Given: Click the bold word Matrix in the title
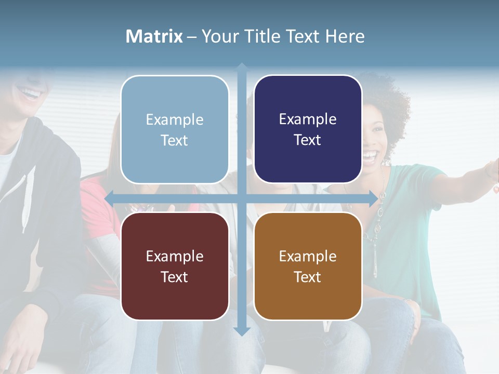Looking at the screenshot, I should (x=154, y=36).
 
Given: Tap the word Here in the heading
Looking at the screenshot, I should (x=345, y=36).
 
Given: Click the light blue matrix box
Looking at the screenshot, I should (x=175, y=130).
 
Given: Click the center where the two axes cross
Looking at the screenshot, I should (x=242, y=198).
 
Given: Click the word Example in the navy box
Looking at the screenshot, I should (x=308, y=119).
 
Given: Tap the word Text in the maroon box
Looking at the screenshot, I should (x=174, y=277).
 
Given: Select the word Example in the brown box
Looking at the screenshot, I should (x=308, y=256).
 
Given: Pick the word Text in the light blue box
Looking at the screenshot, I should (x=174, y=140).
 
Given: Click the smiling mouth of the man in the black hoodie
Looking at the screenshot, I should (x=30, y=94).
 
